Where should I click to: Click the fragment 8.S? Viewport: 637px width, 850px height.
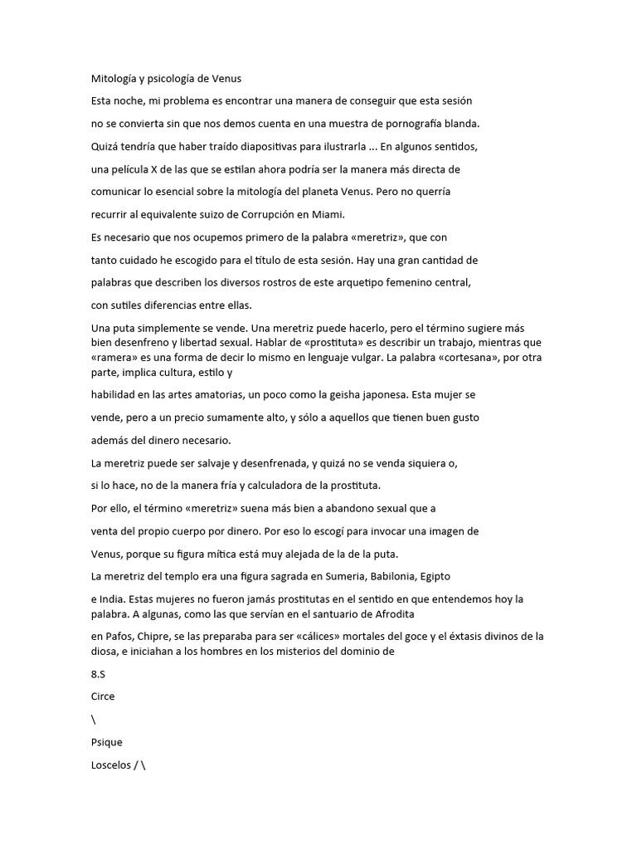98,675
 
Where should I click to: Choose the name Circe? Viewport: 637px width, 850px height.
103,697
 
